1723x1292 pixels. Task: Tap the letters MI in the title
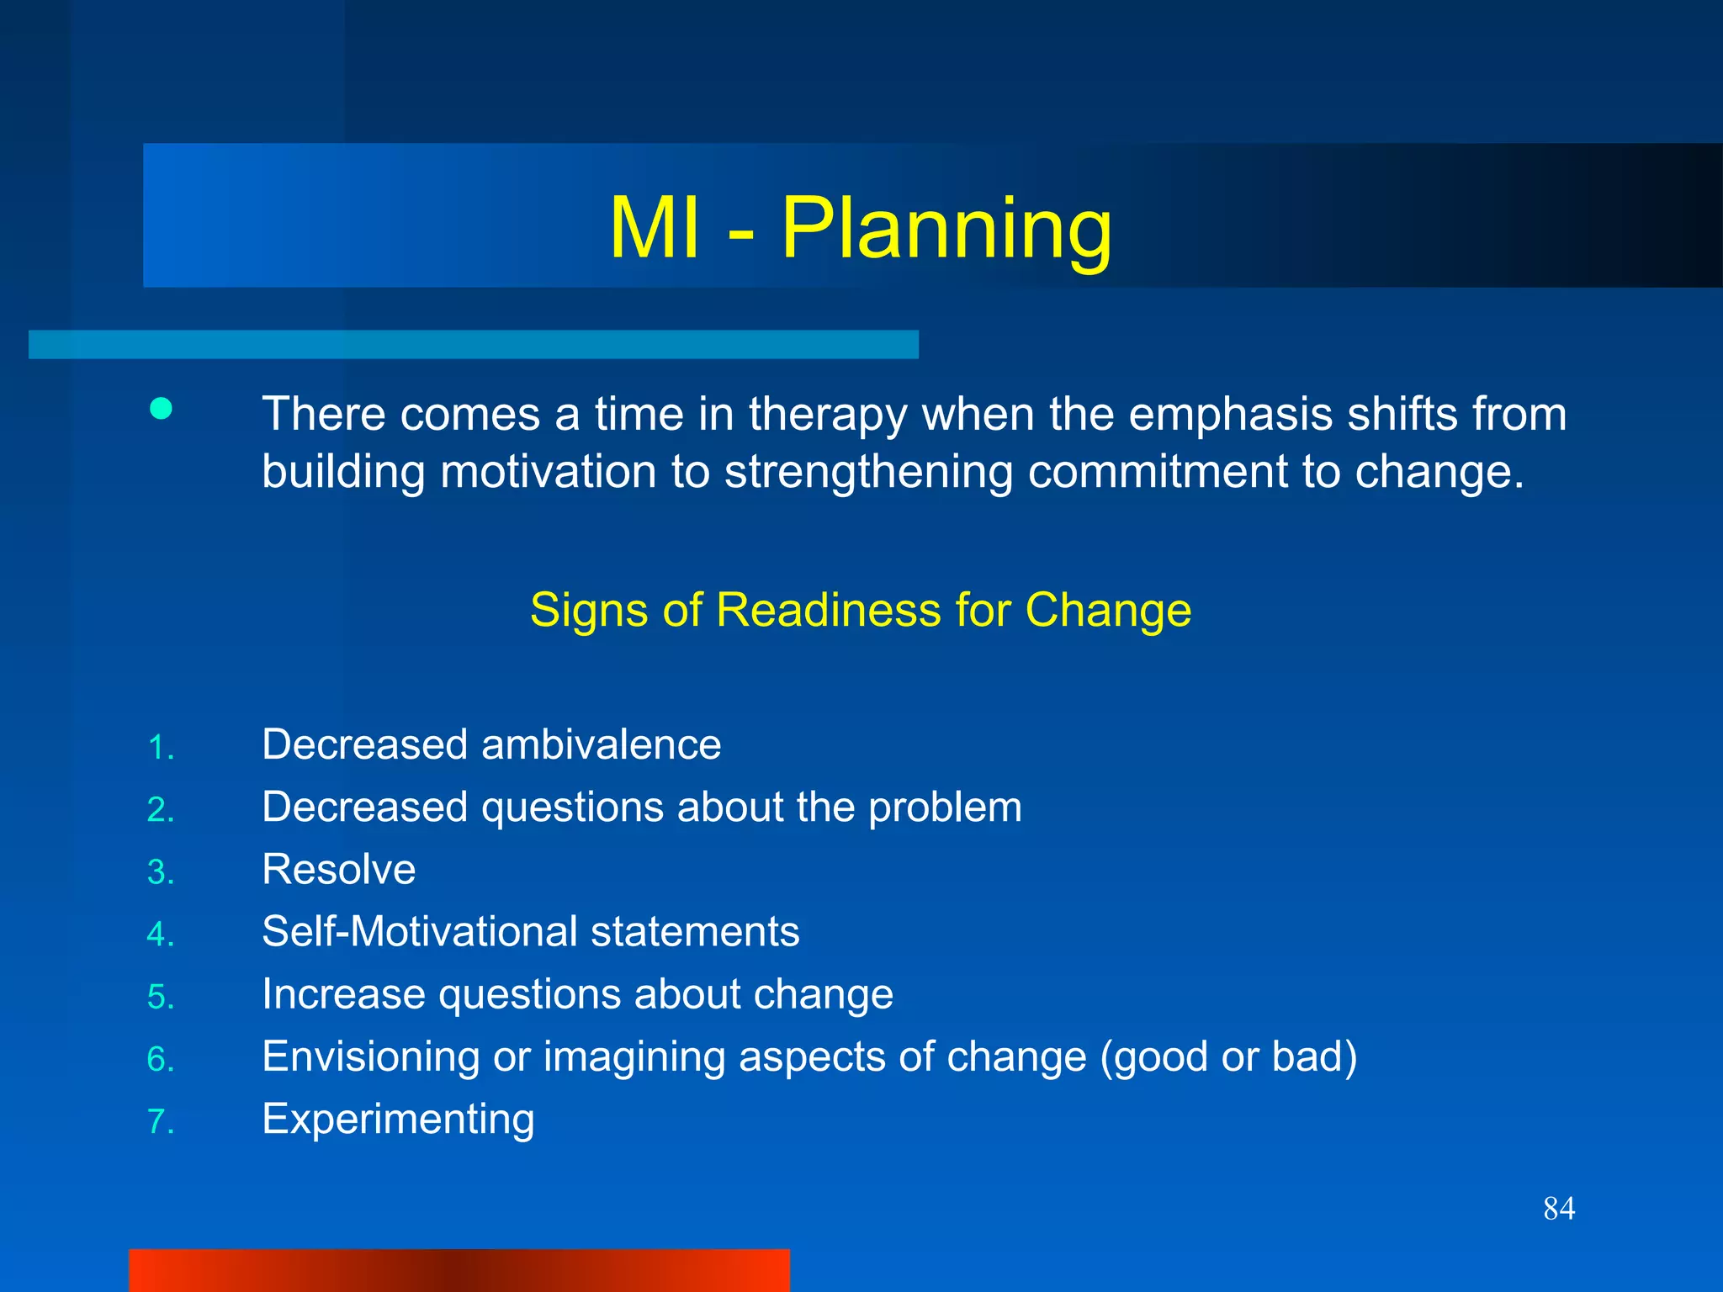(655, 229)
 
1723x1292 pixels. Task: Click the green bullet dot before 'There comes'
(161, 409)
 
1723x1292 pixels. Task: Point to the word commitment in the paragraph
(1158, 471)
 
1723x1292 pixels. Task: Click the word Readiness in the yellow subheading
(830, 610)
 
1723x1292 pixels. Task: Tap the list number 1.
(160, 748)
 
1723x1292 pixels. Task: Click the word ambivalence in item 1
(601, 744)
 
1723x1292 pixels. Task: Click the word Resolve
(338, 870)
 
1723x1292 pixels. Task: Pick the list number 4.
(160, 935)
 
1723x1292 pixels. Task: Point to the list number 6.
(160, 1059)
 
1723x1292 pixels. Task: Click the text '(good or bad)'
(1228, 1057)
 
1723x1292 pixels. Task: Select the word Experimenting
(398, 1120)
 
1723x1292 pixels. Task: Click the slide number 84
(1559, 1209)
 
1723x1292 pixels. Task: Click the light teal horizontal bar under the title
(473, 345)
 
